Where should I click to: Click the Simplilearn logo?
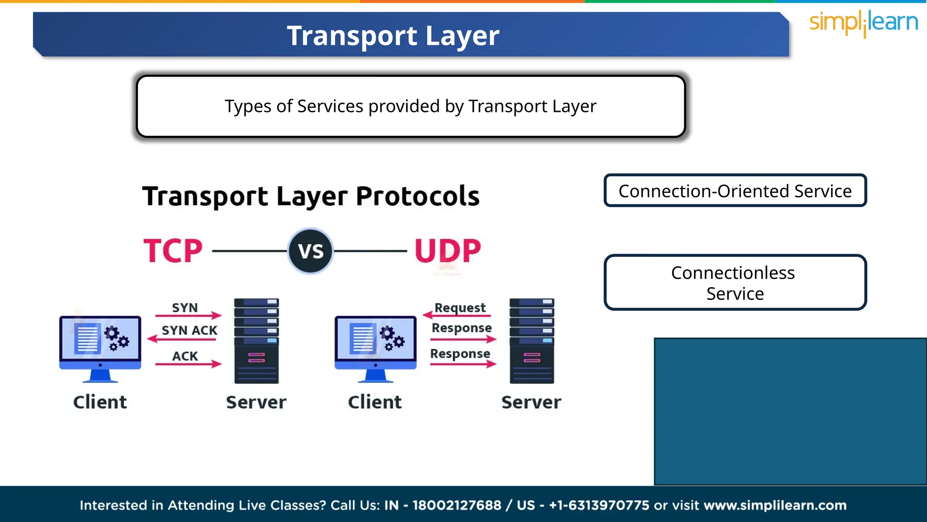863,23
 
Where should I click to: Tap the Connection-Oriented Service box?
735,191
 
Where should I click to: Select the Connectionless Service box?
735,283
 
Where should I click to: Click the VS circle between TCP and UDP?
311,251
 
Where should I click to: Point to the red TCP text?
173,251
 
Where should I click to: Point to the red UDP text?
448,251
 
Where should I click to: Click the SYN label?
185,308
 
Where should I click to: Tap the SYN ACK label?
189,330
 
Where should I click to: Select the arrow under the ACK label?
188,364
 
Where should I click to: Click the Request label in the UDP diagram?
460,308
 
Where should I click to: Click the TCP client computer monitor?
100,343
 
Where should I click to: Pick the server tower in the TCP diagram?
256,341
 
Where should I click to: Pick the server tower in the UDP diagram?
531,341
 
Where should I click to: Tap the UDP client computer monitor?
375,343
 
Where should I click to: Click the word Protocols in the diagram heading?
417,196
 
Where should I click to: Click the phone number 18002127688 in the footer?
457,505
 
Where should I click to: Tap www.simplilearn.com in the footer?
775,505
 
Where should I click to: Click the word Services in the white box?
330,106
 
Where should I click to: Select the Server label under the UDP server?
531,402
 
